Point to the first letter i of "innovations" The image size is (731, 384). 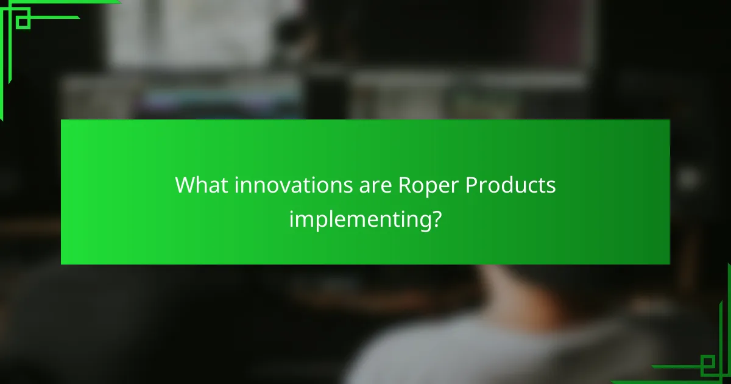click(x=237, y=185)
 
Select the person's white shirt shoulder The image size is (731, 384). click(x=426, y=354)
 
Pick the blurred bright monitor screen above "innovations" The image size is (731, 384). click(x=201, y=37)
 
